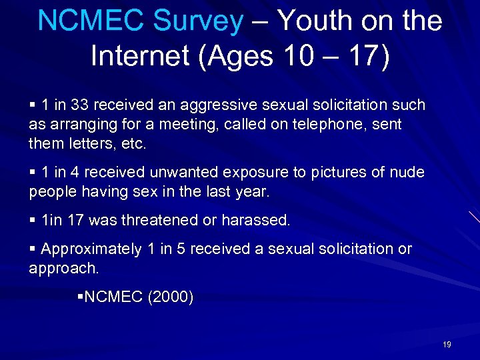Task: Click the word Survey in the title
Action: (198, 21)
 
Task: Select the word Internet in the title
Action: (138, 55)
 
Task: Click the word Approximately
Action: (91, 249)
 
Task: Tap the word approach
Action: (64, 268)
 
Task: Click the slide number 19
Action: (447, 345)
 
